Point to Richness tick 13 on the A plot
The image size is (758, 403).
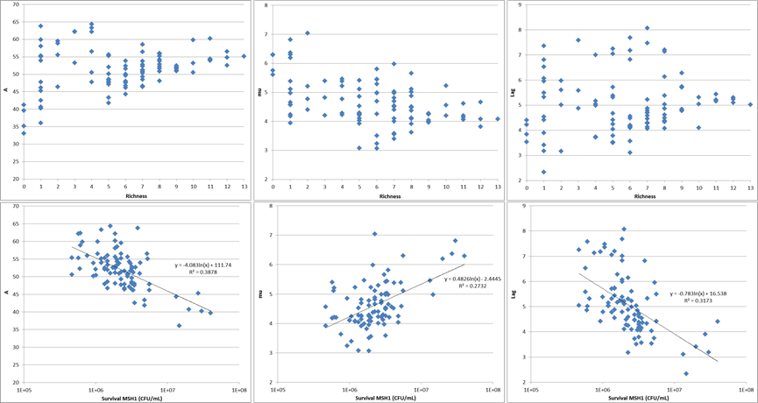pos(244,187)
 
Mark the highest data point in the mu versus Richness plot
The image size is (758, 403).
pos(308,33)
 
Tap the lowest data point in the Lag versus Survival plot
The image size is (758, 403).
pos(686,373)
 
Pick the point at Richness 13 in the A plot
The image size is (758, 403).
pos(244,56)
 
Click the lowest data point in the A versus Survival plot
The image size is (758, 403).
pos(179,326)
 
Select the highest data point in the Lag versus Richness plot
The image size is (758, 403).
pos(648,28)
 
